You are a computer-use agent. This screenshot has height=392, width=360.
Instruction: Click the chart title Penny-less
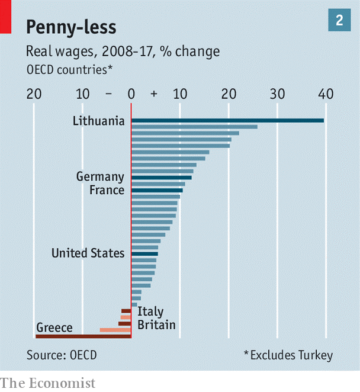pyautogui.click(x=71, y=27)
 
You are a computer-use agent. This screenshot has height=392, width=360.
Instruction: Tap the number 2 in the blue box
pyautogui.click(x=339, y=21)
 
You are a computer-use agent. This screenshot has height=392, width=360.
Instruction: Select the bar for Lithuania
pyautogui.click(x=227, y=120)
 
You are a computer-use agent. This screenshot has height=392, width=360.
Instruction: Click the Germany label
pyautogui.click(x=100, y=176)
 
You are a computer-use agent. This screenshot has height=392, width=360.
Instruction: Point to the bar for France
pyautogui.click(x=157, y=190)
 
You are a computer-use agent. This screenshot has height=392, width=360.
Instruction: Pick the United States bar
pyautogui.click(x=144, y=253)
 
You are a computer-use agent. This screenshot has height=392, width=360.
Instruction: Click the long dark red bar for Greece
pyautogui.click(x=83, y=336)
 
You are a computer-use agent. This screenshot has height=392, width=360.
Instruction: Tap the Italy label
pyautogui.click(x=150, y=311)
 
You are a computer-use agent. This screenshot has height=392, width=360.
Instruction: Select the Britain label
pyautogui.click(x=156, y=324)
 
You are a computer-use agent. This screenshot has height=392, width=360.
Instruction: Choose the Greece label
pyautogui.click(x=54, y=327)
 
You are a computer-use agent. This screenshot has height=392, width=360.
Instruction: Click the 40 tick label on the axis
pyautogui.click(x=325, y=94)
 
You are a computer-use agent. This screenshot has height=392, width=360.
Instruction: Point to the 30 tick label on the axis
pyautogui.click(x=277, y=94)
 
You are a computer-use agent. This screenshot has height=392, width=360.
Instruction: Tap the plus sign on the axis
pyautogui.click(x=154, y=94)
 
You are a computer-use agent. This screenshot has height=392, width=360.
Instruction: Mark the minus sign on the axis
pyautogui.click(x=108, y=94)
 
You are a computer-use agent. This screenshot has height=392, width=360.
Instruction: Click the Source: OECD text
pyautogui.click(x=62, y=355)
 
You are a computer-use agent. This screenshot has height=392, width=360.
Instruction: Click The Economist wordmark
pyautogui.click(x=47, y=383)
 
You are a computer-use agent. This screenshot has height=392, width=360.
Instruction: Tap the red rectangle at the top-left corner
pyautogui.click(x=5, y=17)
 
